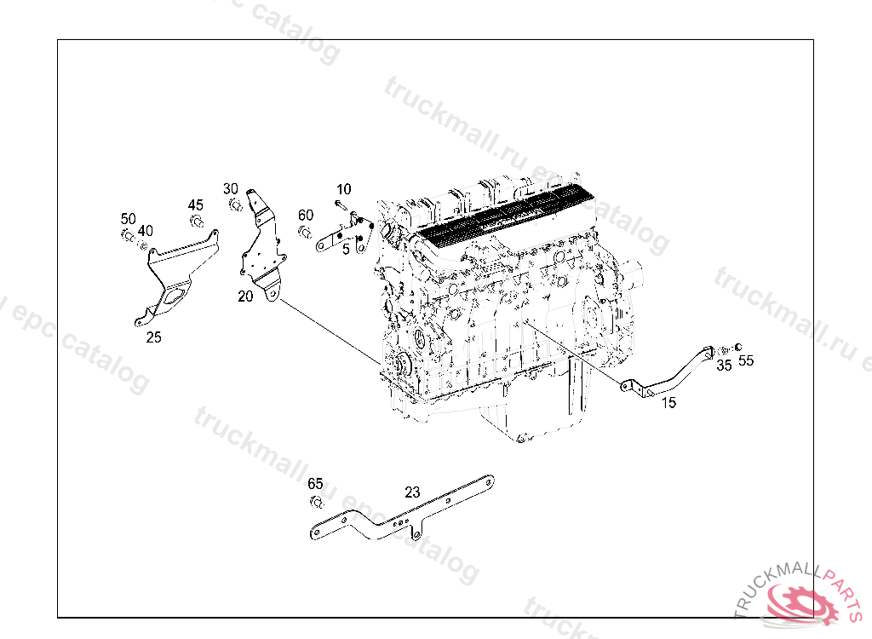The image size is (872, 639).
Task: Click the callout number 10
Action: click(x=343, y=189)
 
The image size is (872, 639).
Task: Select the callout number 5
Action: click(x=347, y=250)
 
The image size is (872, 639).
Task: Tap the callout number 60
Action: click(x=306, y=215)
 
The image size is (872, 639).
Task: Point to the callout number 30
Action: click(x=231, y=188)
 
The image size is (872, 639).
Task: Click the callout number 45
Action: click(x=196, y=205)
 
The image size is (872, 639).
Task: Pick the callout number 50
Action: click(x=128, y=219)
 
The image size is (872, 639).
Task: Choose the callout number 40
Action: click(x=146, y=231)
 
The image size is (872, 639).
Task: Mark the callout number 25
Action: click(x=153, y=337)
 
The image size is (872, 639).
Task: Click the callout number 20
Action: click(x=245, y=296)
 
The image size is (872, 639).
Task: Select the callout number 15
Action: click(x=668, y=402)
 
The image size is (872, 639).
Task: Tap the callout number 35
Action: click(x=724, y=366)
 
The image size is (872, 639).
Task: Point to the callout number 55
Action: click(x=746, y=361)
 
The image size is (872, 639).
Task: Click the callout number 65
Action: click(x=316, y=484)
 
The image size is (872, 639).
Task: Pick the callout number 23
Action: click(x=412, y=492)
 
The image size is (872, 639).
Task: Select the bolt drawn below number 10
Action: click(x=341, y=205)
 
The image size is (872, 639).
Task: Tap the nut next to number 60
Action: click(x=304, y=230)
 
